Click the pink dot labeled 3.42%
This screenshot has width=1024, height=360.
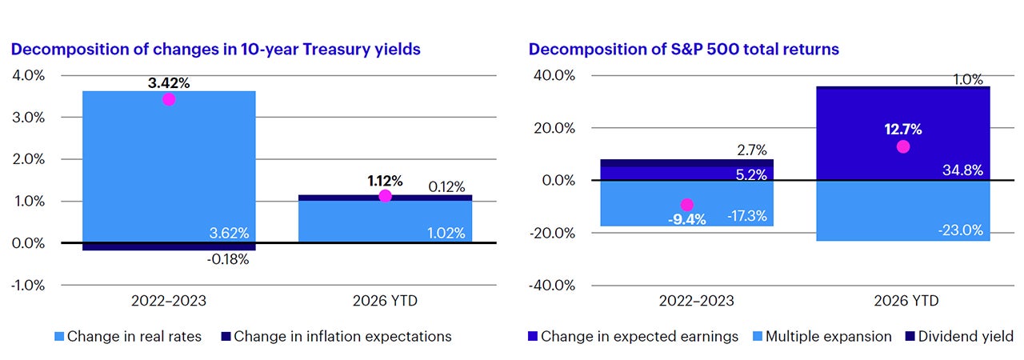(x=169, y=99)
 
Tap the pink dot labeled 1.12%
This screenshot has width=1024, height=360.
(x=385, y=196)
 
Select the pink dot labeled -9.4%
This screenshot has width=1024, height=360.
(x=686, y=205)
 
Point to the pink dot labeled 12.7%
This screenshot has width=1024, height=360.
(x=903, y=146)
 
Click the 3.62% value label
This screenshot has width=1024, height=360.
(x=229, y=233)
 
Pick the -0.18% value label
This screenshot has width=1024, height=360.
(x=228, y=259)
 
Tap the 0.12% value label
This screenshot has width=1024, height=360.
(x=446, y=187)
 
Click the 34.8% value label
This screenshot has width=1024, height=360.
(x=962, y=170)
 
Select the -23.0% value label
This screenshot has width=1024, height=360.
(x=961, y=230)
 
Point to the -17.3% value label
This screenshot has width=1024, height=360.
(x=747, y=216)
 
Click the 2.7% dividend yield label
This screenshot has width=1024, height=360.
(x=752, y=150)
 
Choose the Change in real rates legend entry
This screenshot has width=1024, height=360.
(x=127, y=336)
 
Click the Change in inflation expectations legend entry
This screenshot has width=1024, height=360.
(x=336, y=336)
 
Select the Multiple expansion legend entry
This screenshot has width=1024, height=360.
(x=822, y=336)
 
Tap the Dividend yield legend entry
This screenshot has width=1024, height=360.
(x=959, y=336)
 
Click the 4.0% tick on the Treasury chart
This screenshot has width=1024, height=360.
(x=28, y=75)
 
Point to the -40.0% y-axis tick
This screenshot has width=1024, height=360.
(x=552, y=286)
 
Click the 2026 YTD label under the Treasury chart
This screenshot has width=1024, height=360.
(x=385, y=301)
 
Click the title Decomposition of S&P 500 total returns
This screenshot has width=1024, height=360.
(x=684, y=49)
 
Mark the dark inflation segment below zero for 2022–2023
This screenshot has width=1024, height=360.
(x=169, y=246)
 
